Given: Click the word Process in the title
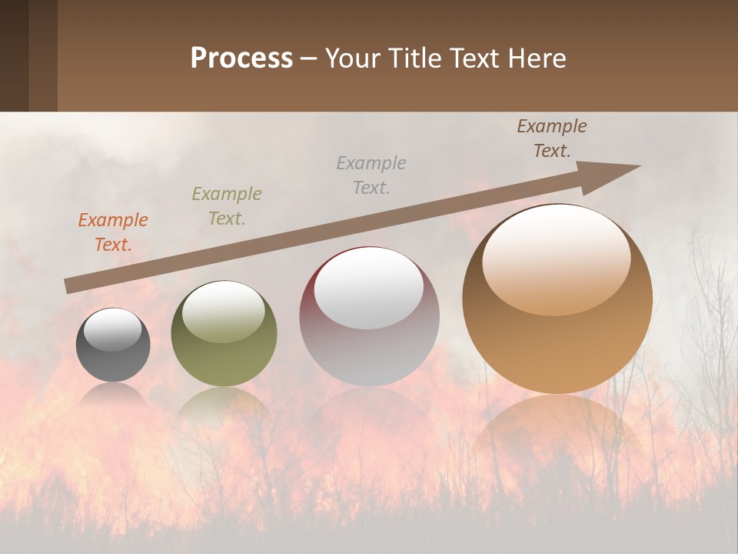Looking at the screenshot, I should pos(241,58).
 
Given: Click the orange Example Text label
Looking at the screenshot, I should pos(112,232).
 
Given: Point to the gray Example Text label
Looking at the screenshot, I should pos(371,175).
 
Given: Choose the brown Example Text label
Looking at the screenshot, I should pos(552,138).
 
